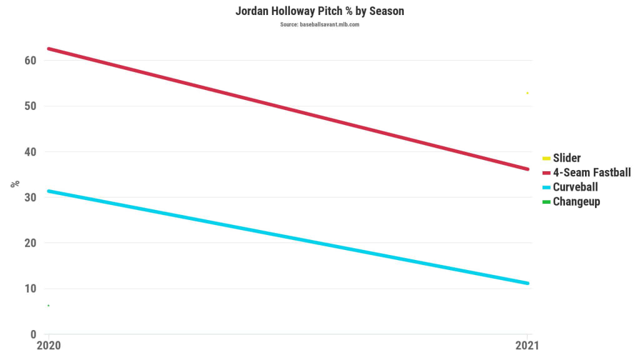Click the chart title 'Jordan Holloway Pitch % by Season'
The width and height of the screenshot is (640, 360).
tap(319, 12)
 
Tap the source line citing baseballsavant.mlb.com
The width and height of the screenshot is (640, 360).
tap(319, 24)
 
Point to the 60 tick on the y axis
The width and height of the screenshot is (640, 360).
tap(30, 61)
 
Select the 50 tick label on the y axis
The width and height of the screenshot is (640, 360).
tap(30, 106)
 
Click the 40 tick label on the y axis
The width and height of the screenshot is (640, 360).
tap(30, 152)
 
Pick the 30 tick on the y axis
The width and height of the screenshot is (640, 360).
tap(30, 197)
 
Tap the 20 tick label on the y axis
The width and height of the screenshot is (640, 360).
tap(30, 243)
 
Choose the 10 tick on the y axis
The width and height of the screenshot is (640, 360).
tap(30, 289)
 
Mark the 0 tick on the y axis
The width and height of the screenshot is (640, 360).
tap(34, 334)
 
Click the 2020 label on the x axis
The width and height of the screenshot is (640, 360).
tap(49, 346)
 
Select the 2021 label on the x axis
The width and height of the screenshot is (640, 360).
tap(527, 346)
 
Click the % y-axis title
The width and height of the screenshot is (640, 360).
tap(15, 184)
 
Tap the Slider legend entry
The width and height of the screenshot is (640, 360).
tap(566, 158)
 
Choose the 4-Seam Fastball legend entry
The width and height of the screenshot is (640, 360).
tap(591, 172)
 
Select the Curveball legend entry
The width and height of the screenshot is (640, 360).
tap(575, 187)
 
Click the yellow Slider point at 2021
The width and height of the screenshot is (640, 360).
tap(527, 93)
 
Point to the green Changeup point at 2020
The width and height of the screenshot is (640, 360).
tap(49, 305)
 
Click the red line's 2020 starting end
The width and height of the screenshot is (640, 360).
tap(49, 49)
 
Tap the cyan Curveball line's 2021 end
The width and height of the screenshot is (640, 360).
tap(527, 283)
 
